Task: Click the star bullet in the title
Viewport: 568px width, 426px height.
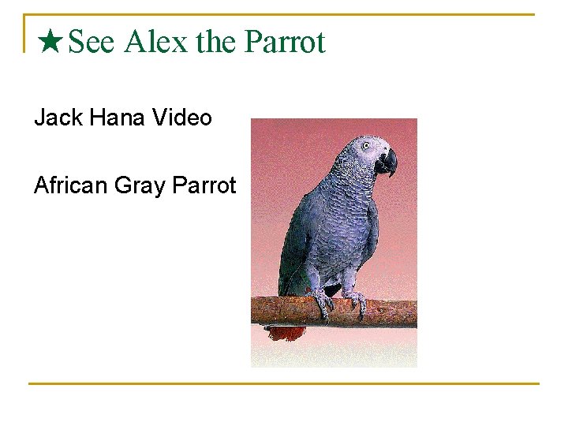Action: (x=51, y=41)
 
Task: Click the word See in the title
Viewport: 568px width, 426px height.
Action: (x=92, y=42)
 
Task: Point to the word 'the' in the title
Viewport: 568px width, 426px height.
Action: (x=215, y=42)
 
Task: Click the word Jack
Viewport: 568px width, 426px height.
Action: (x=59, y=118)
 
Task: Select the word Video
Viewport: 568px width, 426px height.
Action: (x=182, y=118)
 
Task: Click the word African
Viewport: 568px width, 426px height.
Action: (x=71, y=185)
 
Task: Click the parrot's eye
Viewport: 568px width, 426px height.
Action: (x=365, y=146)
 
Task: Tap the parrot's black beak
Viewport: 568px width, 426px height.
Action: (x=387, y=163)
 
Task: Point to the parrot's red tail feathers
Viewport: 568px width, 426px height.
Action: (x=286, y=332)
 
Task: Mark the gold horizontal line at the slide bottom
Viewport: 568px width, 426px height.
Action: (x=284, y=384)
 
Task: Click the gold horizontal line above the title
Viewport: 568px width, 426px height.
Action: (x=284, y=14)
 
